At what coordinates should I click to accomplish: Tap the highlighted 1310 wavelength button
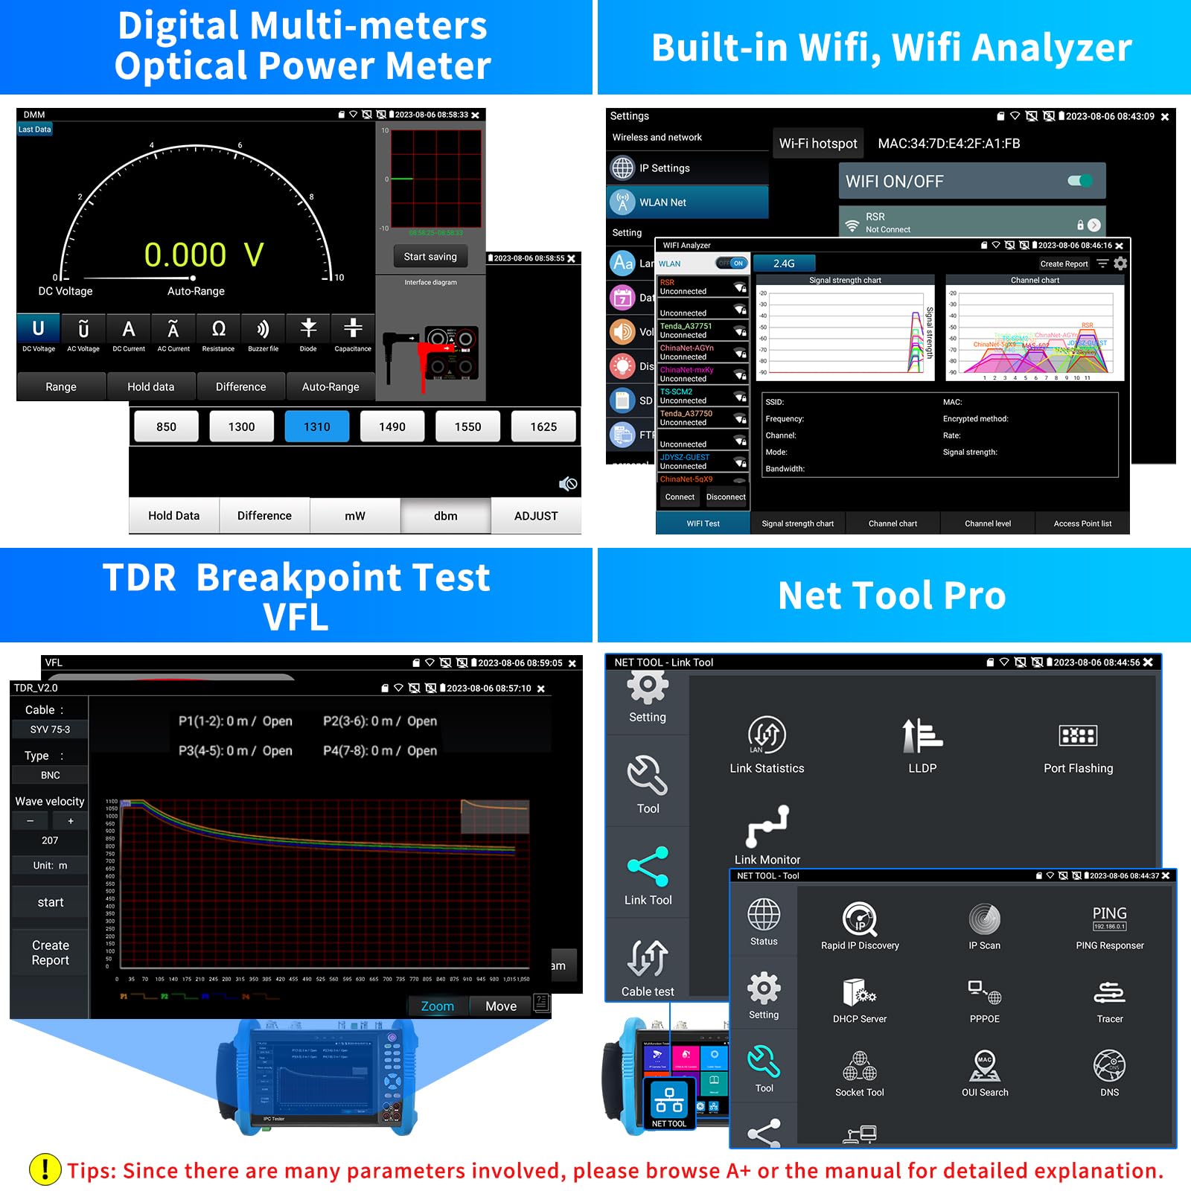pos(316,427)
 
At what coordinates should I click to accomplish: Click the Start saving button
pos(430,257)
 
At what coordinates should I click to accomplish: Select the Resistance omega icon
pos(218,329)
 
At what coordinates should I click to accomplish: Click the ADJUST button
pos(535,516)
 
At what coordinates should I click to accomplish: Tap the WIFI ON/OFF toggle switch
pos(1079,181)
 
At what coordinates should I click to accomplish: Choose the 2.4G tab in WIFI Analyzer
pos(784,264)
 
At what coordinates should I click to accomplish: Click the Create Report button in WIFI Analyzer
pos(1064,264)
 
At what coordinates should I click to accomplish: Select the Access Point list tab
pos(1082,523)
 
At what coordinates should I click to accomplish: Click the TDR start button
pos(51,902)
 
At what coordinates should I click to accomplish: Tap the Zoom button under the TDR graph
pos(438,1006)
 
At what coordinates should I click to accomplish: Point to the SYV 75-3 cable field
pos(50,729)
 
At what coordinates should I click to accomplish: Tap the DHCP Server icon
pos(860,993)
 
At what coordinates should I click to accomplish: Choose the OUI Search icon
pos(985,1066)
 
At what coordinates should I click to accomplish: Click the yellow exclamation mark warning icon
pos(45,1169)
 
